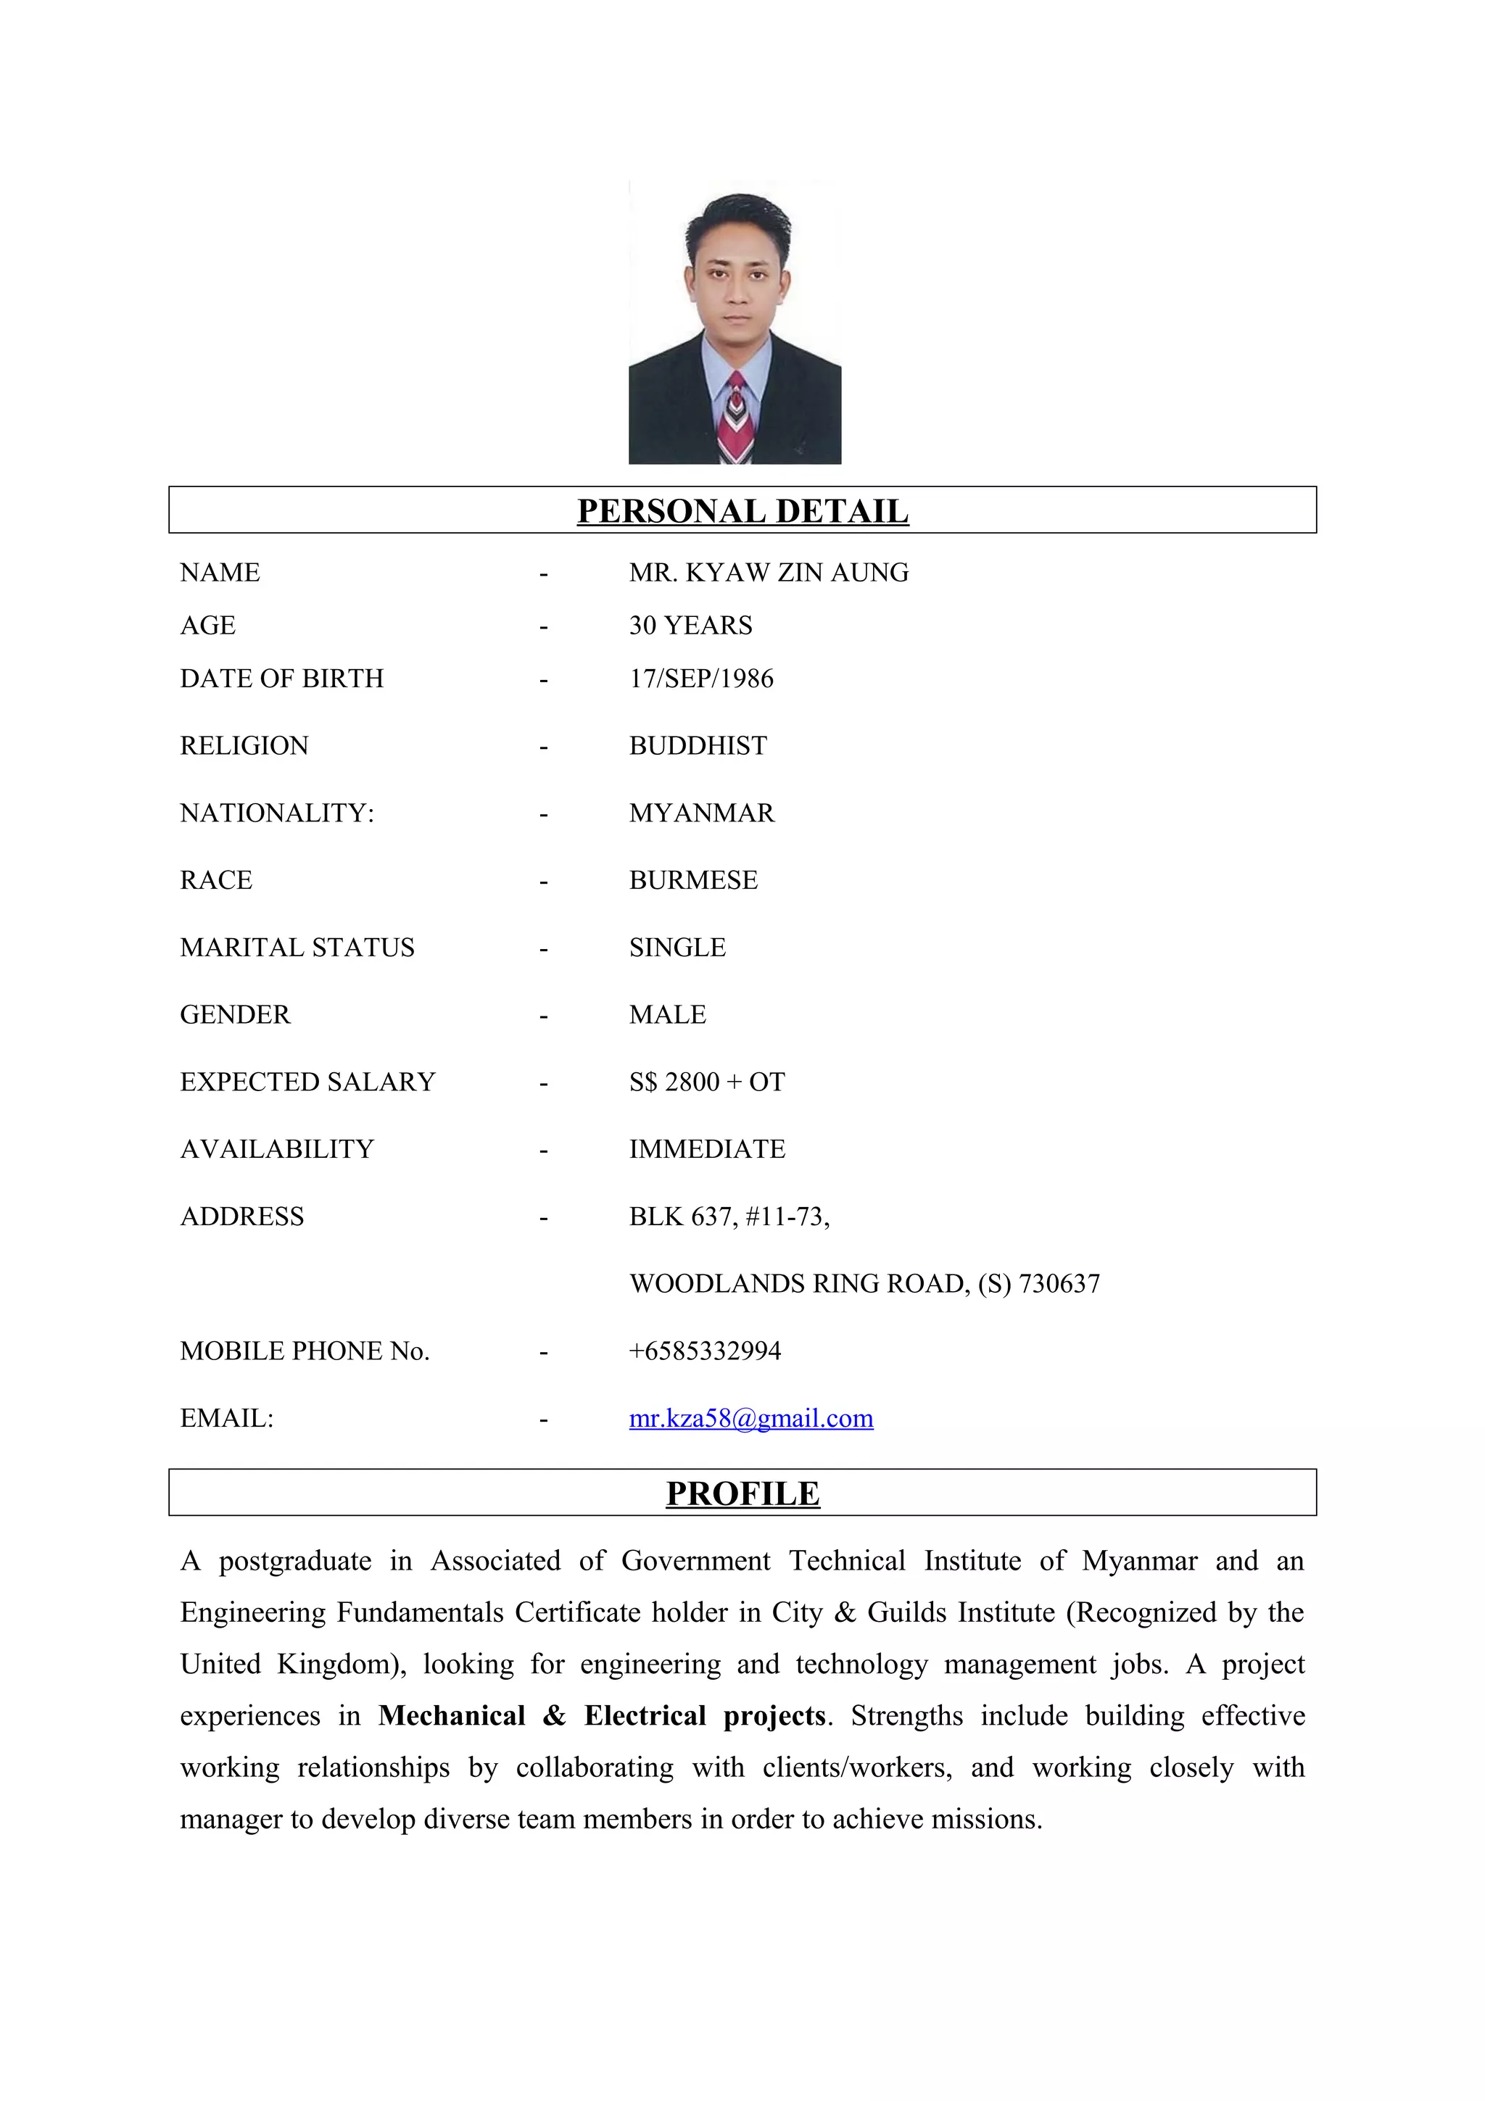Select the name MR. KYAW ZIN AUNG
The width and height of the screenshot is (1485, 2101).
point(769,573)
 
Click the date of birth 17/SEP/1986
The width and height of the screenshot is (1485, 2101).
point(701,679)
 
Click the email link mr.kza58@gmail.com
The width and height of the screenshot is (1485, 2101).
point(750,1418)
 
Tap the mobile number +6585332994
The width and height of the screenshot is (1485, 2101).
point(705,1351)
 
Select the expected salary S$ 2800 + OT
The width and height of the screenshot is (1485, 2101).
point(706,1082)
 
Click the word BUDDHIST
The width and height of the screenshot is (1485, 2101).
point(698,746)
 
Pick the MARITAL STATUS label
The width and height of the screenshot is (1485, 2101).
point(297,948)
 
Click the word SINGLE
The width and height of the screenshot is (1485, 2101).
point(677,948)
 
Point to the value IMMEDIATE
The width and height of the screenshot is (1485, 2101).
point(706,1149)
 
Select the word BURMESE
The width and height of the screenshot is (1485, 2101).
point(692,880)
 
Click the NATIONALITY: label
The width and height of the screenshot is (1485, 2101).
point(276,813)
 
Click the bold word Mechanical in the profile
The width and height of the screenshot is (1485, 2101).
point(451,1716)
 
